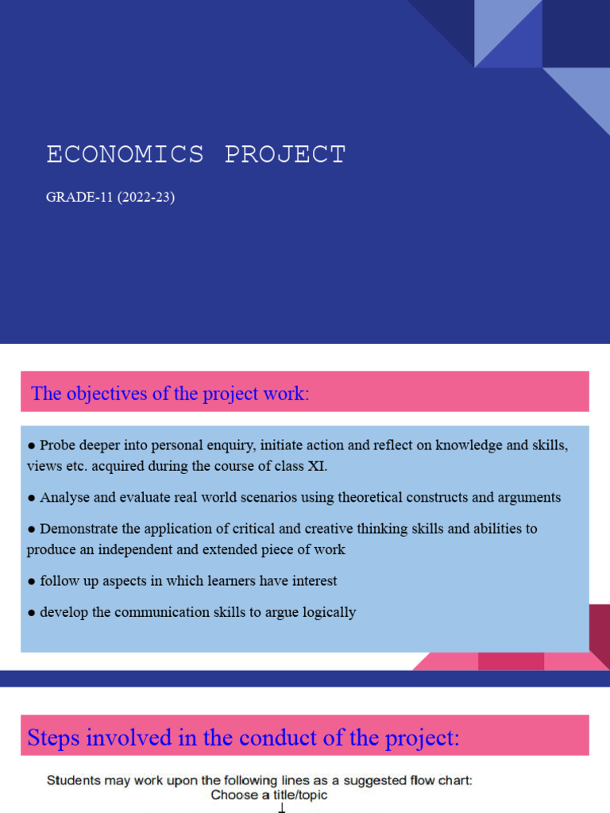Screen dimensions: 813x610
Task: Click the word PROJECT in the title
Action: [x=285, y=155]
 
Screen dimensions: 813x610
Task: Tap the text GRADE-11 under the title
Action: [x=79, y=198]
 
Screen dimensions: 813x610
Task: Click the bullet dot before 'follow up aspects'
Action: [x=31, y=581]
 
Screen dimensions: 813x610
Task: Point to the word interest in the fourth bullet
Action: [x=311, y=581]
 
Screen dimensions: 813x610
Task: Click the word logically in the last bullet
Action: [x=327, y=612]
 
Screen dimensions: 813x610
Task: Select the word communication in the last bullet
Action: [x=183, y=612]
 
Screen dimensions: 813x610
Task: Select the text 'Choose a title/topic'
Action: [x=269, y=795]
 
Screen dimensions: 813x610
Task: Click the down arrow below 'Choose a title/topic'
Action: [x=281, y=807]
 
